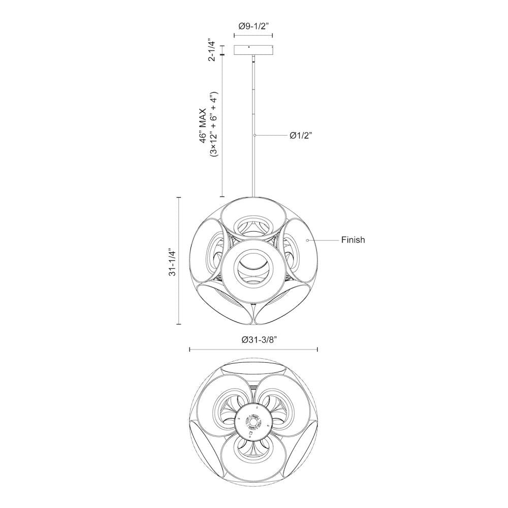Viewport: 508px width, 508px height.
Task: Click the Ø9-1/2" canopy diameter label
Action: click(x=253, y=26)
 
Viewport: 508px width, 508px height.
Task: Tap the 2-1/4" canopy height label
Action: click(x=212, y=50)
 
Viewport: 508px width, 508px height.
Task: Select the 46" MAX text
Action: click(x=203, y=125)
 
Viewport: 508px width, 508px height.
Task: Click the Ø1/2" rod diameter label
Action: click(x=301, y=136)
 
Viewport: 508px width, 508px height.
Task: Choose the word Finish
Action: click(x=353, y=240)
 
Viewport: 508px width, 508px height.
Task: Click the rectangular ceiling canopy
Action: click(x=253, y=50)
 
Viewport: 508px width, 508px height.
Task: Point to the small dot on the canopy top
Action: click(x=249, y=47)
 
